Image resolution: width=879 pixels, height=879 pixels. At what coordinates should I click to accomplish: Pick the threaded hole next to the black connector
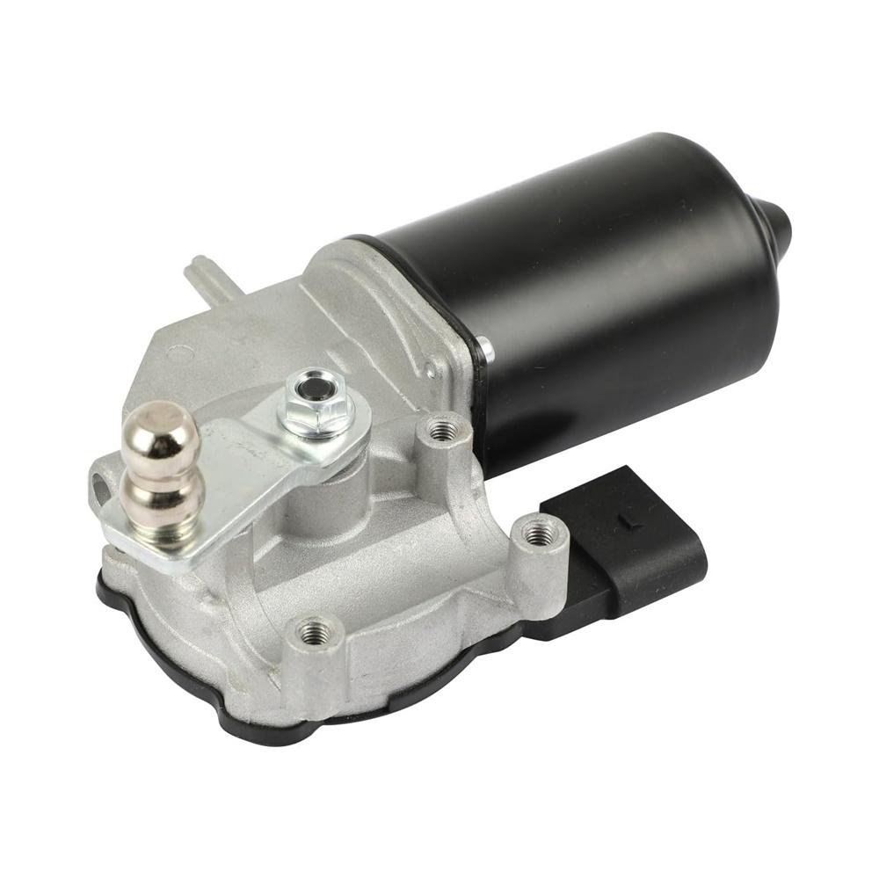[538, 532]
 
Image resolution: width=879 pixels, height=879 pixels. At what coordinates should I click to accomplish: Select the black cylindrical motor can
[598, 290]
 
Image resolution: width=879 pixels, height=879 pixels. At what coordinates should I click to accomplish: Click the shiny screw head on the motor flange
[486, 351]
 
